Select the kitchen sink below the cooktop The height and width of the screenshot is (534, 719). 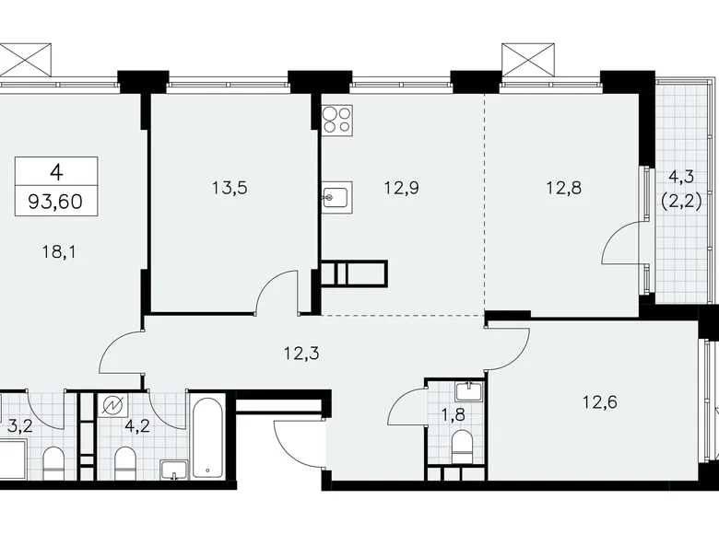(x=336, y=195)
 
